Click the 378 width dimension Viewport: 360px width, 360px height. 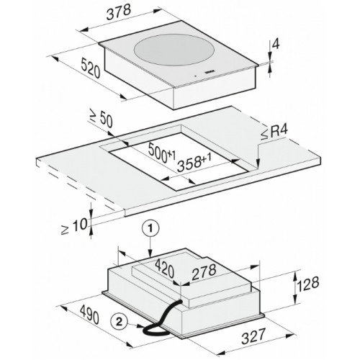119,12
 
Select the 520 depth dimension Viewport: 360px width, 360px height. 90,68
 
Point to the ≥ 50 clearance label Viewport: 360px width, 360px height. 101,118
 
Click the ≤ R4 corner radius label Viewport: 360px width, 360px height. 274,132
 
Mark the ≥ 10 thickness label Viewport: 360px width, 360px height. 74,226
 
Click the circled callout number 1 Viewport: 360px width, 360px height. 150,229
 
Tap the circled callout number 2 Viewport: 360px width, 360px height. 119,322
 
